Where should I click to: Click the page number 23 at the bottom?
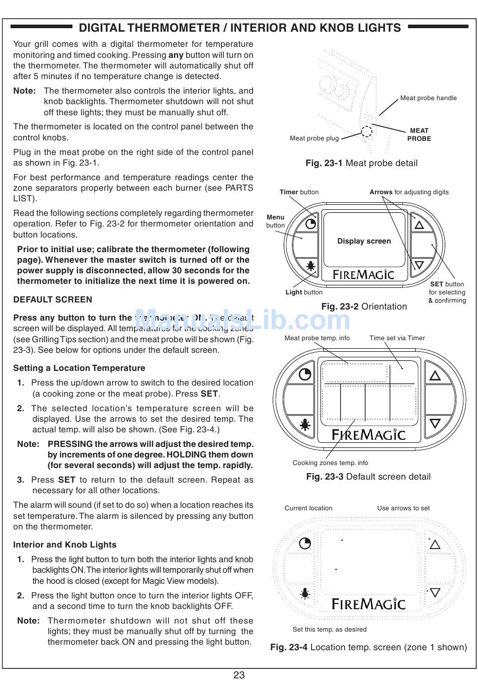click(x=238, y=675)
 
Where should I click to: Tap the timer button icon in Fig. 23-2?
click(x=311, y=223)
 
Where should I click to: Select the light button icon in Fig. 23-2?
click(x=311, y=266)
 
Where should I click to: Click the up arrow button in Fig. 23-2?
click(x=419, y=224)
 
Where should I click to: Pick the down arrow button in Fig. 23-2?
click(x=419, y=265)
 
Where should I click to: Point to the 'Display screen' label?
click(x=364, y=241)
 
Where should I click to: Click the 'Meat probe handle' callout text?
click(x=428, y=98)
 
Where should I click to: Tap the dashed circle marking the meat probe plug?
click(x=367, y=132)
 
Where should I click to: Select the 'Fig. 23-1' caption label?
click(x=324, y=163)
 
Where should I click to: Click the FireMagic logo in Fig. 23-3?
click(x=368, y=434)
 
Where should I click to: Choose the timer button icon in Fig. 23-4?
click(x=305, y=544)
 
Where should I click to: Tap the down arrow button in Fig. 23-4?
click(x=435, y=593)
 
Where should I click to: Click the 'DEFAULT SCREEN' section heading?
click(x=53, y=299)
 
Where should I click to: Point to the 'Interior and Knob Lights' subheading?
click(x=65, y=545)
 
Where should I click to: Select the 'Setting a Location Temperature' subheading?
click(x=79, y=368)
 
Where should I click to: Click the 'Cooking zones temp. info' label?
click(x=330, y=463)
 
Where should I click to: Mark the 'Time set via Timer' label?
click(x=397, y=338)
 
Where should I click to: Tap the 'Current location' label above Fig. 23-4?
click(x=308, y=508)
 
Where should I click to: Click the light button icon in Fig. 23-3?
click(x=305, y=425)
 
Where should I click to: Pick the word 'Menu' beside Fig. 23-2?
click(x=275, y=217)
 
